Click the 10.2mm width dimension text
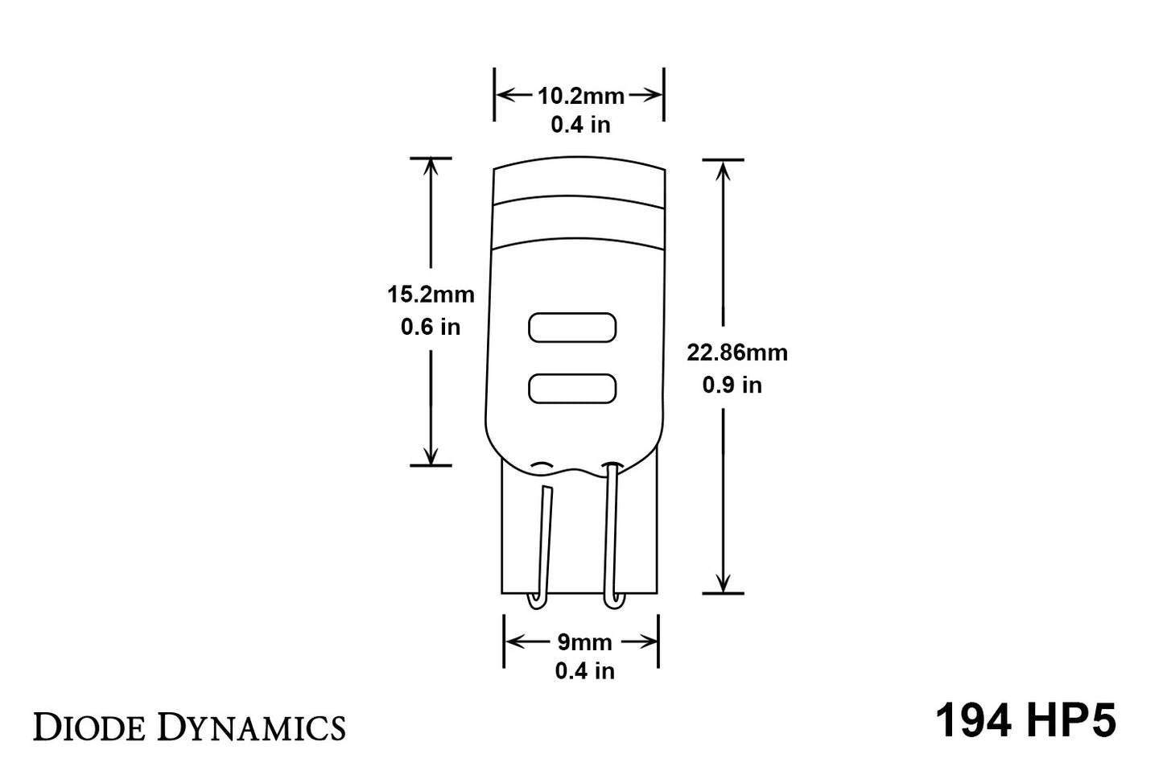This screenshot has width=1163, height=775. tap(580, 96)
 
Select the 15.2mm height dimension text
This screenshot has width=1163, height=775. tap(431, 295)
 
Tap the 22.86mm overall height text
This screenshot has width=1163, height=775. tap(736, 352)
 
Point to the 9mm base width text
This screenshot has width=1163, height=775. tap(584, 642)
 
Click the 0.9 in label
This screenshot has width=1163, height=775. tap(732, 385)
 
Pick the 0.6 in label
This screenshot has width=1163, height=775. tap(431, 327)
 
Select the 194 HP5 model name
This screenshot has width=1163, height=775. tap(1025, 720)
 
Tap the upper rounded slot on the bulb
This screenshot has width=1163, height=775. tap(571, 328)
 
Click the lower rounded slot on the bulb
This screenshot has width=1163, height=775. tap(571, 389)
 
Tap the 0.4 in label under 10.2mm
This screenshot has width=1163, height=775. tap(580, 125)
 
